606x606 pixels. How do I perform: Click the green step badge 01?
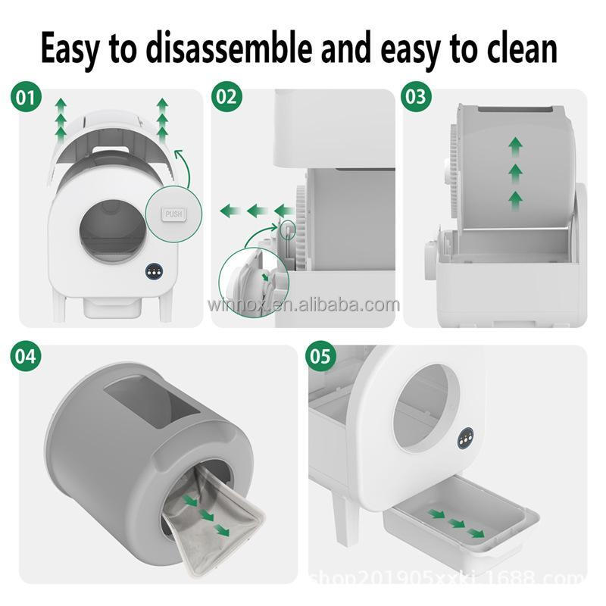click(x=27, y=98)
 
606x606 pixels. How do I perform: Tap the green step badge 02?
click(x=226, y=98)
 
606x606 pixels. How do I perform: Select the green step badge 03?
click(x=416, y=98)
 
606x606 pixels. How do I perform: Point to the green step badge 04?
click(x=27, y=356)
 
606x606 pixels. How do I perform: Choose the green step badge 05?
click(x=320, y=356)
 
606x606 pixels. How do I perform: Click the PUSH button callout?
click(x=174, y=214)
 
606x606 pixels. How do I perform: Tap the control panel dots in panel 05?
click(x=465, y=437)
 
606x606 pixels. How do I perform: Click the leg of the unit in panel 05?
click(x=345, y=519)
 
